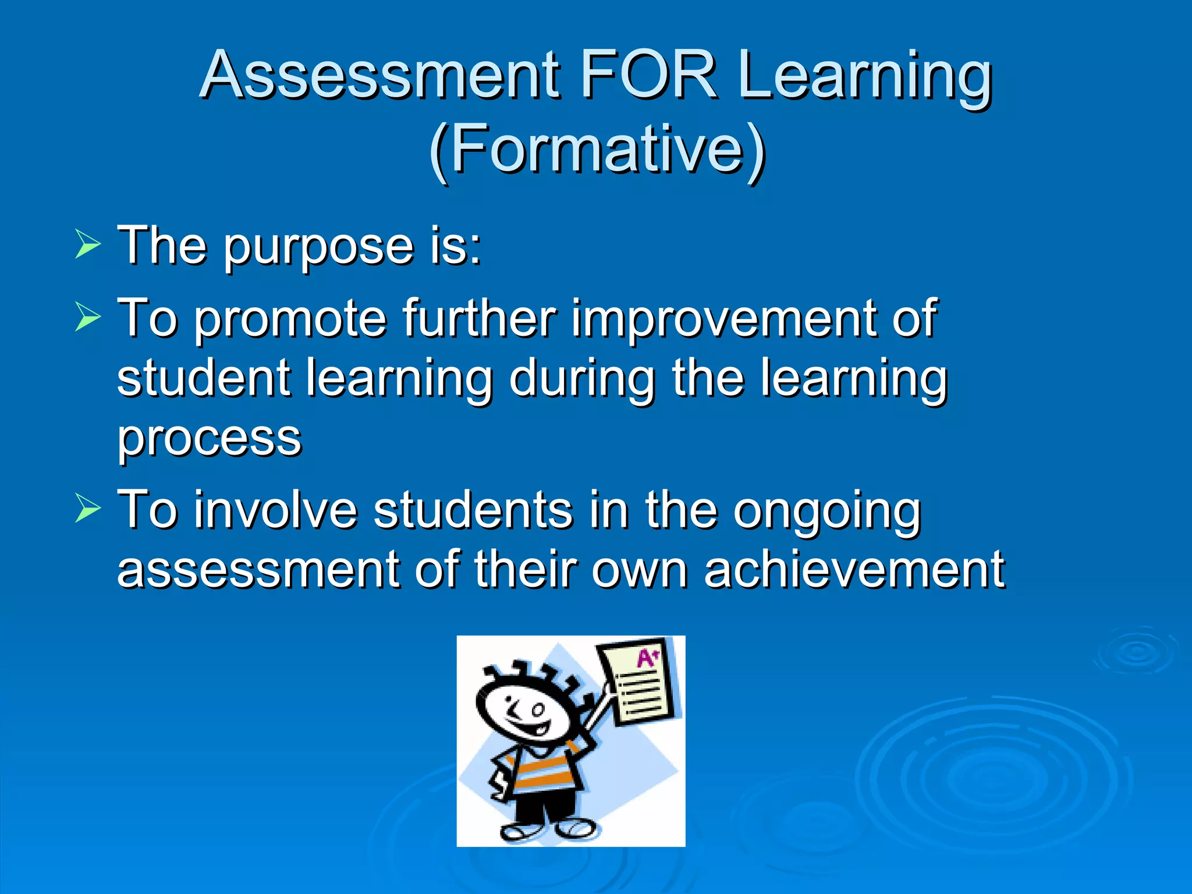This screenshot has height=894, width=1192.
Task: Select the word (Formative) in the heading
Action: pos(597,150)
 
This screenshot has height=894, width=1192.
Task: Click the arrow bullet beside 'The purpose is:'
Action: pos(87,244)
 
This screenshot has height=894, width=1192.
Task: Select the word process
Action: pos(210,439)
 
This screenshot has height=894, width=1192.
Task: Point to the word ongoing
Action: pos(826,512)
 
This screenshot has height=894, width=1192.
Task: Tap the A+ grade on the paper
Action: pos(647,658)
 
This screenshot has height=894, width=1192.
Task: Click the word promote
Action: pos(290,320)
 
